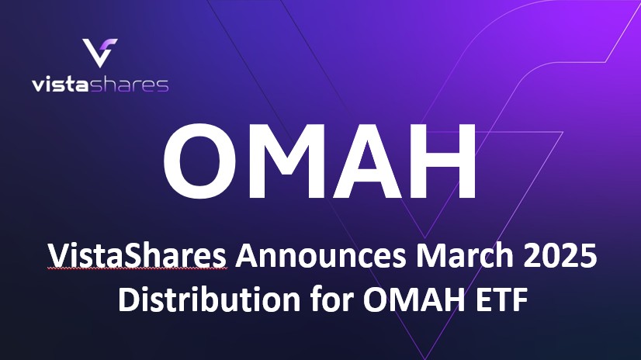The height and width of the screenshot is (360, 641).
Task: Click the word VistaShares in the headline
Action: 137,256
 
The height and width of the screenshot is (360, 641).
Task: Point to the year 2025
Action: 553,256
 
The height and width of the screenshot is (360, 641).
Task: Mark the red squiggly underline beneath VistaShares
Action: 137,271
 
